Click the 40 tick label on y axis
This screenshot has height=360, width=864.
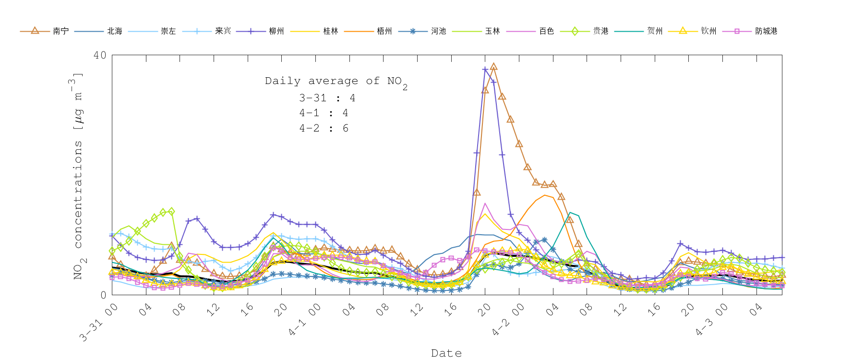100,55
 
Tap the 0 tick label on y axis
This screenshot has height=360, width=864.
103,295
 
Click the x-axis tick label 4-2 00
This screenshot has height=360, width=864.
508,319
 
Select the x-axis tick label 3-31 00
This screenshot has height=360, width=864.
99,322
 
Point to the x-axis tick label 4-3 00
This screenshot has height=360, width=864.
711,319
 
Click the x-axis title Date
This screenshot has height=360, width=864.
446,353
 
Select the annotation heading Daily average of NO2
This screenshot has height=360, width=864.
336,82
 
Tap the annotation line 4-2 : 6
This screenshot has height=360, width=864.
324,128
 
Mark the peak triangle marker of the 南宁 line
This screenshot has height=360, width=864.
493,67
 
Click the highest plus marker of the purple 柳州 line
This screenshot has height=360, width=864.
485,70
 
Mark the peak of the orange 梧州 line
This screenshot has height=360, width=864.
545,195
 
